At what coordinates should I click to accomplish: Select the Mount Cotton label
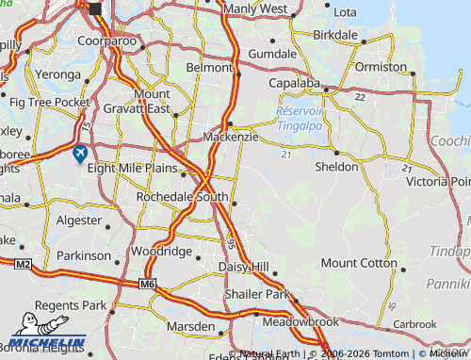(359, 264)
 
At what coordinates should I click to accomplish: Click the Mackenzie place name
(231, 138)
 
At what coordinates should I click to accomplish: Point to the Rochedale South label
(183, 197)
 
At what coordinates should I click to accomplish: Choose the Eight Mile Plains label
(132, 168)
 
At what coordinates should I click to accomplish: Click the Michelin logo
(50, 342)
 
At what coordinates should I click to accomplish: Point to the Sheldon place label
(337, 167)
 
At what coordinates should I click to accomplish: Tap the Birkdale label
(335, 35)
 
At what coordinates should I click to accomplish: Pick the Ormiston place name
(381, 67)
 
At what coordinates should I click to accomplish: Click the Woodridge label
(161, 253)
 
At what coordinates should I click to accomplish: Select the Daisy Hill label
(243, 268)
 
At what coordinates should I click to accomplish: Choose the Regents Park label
(71, 306)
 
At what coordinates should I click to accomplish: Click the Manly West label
(256, 8)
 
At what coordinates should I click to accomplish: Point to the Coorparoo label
(106, 41)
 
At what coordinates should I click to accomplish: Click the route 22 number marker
(359, 97)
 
